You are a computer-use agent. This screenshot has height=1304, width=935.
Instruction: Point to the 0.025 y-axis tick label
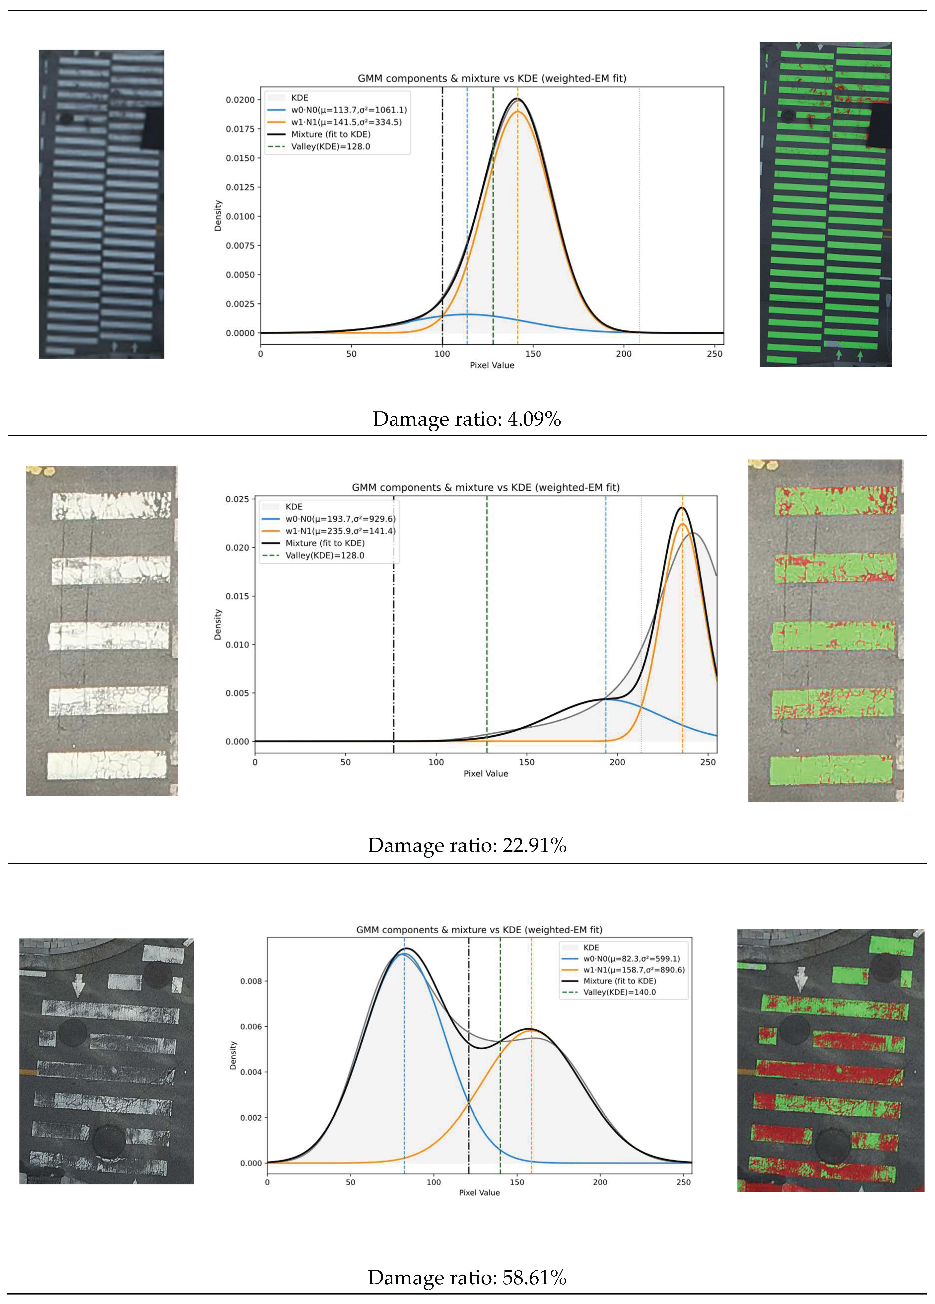(237, 499)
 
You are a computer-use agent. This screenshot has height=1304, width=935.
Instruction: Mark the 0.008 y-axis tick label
(251, 981)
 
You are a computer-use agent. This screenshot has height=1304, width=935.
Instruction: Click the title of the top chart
(492, 78)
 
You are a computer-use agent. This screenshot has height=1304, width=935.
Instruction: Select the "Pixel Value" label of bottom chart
(479, 1192)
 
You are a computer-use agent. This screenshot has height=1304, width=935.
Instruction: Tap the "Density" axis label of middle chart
(218, 624)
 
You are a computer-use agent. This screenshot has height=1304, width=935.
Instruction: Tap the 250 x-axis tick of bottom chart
(683, 1182)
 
